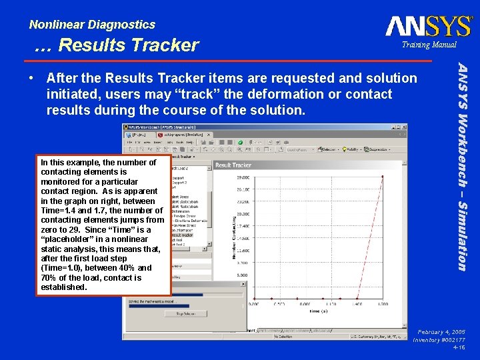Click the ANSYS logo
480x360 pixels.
click(429, 26)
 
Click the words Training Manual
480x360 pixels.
click(429, 45)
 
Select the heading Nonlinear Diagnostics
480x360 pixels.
click(92, 25)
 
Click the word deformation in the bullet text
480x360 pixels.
click(295, 94)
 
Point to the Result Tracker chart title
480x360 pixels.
click(233, 165)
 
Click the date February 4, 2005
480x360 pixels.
click(441, 331)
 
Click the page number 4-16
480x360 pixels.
click(458, 347)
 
